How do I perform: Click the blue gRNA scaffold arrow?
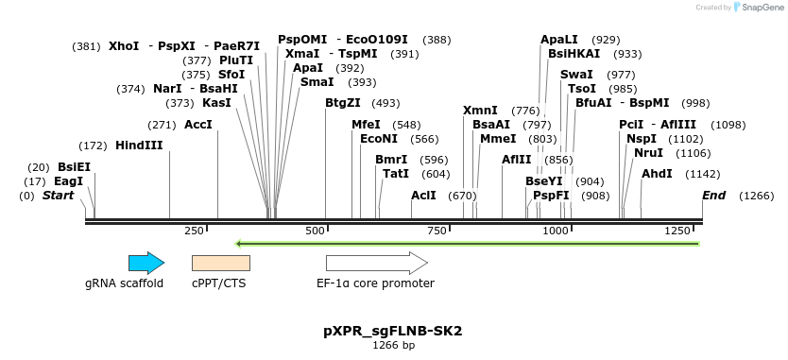pos(146,263)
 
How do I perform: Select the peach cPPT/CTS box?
pos(227,263)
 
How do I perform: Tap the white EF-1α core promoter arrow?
pos(376,263)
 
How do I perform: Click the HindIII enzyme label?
pos(139,146)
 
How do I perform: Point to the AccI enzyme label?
pos(198,125)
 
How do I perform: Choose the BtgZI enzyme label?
pos(343,103)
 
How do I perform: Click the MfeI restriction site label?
pos(366,125)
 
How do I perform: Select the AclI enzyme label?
pos(424,195)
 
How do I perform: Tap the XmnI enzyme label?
pos(480,111)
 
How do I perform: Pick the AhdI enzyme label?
pos(657,174)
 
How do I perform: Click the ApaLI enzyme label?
pos(559,40)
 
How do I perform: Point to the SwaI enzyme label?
pos(576,74)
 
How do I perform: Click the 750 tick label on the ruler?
pos(437,231)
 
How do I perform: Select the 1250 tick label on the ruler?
pos(679,231)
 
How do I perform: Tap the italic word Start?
pos(58,195)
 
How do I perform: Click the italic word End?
pos(713,195)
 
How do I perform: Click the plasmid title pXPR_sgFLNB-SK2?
pos(393,332)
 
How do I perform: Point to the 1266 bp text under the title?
pos(393,347)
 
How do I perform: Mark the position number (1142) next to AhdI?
pos(703,174)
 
